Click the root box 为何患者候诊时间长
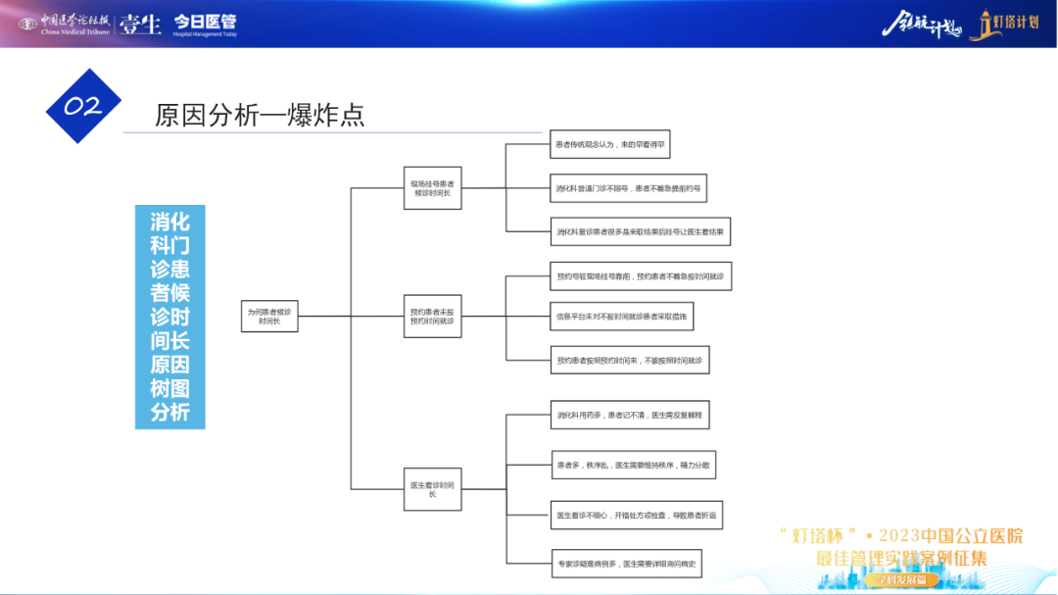[x=269, y=316]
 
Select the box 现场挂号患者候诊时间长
[x=432, y=187]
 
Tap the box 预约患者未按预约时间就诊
[x=432, y=316]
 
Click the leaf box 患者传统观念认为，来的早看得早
[x=610, y=144]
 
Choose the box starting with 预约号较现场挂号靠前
[x=640, y=277]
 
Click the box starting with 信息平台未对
[x=622, y=316]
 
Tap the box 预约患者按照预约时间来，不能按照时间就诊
[x=629, y=360]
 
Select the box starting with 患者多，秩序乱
[x=633, y=465]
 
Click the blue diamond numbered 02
[x=83, y=106]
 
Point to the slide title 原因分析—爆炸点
[x=260, y=115]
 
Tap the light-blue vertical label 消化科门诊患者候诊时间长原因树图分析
[x=170, y=316]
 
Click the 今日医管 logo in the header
[x=206, y=24]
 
